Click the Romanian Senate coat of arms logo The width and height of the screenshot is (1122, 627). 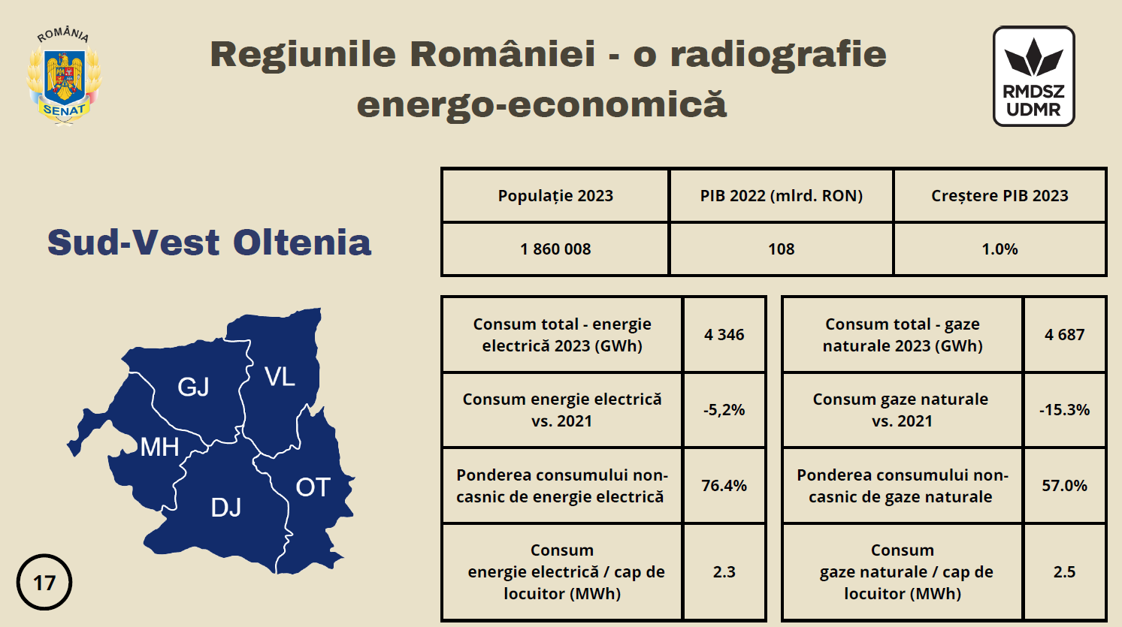(64, 76)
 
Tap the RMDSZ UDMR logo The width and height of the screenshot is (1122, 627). (1034, 76)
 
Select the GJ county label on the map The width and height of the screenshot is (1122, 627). (193, 387)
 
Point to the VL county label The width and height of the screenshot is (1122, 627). (280, 377)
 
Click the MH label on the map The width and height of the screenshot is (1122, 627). (159, 447)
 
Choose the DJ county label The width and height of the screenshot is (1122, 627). (226, 508)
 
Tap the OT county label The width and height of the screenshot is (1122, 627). (313, 487)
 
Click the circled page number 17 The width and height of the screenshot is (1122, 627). (44, 583)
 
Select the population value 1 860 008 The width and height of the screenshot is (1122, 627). (555, 249)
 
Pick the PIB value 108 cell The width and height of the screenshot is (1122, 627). (782, 249)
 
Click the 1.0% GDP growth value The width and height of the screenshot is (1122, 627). (1000, 249)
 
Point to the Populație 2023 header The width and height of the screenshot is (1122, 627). (555, 196)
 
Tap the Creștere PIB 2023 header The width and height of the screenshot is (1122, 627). (1000, 196)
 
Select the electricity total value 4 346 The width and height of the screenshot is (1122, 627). (724, 334)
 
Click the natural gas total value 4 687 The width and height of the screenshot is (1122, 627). (1064, 334)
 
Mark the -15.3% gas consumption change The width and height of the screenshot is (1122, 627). (1064, 410)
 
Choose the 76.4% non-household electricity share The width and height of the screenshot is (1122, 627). (724, 485)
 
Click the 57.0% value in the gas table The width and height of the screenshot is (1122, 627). (1064, 485)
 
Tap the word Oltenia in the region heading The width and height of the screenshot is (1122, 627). (302, 243)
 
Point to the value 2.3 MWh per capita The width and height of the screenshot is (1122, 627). (724, 571)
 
